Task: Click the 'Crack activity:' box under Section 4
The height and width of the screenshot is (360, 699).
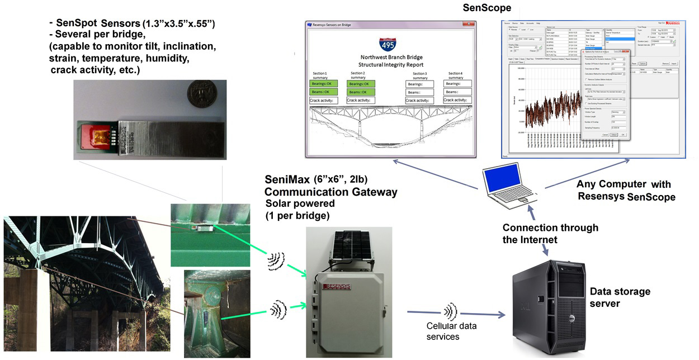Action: click(457, 100)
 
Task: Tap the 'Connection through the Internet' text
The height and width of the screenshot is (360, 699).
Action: click(550, 233)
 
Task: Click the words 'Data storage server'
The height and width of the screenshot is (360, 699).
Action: click(620, 297)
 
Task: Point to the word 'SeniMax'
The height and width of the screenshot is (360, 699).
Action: click(289, 179)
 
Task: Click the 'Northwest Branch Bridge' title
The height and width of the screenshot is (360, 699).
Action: click(391, 57)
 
